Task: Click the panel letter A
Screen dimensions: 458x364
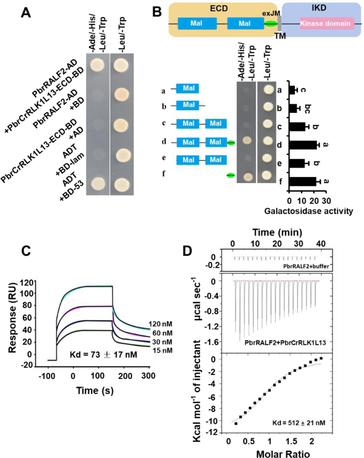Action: pyautogui.click(x=26, y=12)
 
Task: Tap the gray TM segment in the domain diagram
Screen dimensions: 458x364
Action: pyautogui.click(x=280, y=23)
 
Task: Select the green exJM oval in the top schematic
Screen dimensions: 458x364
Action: pyautogui.click(x=271, y=24)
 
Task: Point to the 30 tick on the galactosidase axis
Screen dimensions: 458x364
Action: pyautogui.click(x=327, y=201)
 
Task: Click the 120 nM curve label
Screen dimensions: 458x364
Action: pyautogui.click(x=160, y=324)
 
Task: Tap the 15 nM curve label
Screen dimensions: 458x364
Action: pyautogui.click(x=162, y=350)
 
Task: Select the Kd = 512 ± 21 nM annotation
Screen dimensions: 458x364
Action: pyautogui.click(x=299, y=423)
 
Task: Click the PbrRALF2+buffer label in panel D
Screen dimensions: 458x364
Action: pyautogui.click(x=306, y=266)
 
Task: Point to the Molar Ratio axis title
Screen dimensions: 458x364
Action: pyautogui.click(x=283, y=454)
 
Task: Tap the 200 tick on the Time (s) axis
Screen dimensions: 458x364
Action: pyautogui.click(x=125, y=376)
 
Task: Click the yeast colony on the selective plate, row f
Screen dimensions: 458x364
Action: pyautogui.click(x=248, y=177)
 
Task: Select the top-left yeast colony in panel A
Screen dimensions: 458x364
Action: pyautogui.click(x=97, y=65)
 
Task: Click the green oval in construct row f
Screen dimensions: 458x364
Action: pyautogui.click(x=231, y=175)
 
